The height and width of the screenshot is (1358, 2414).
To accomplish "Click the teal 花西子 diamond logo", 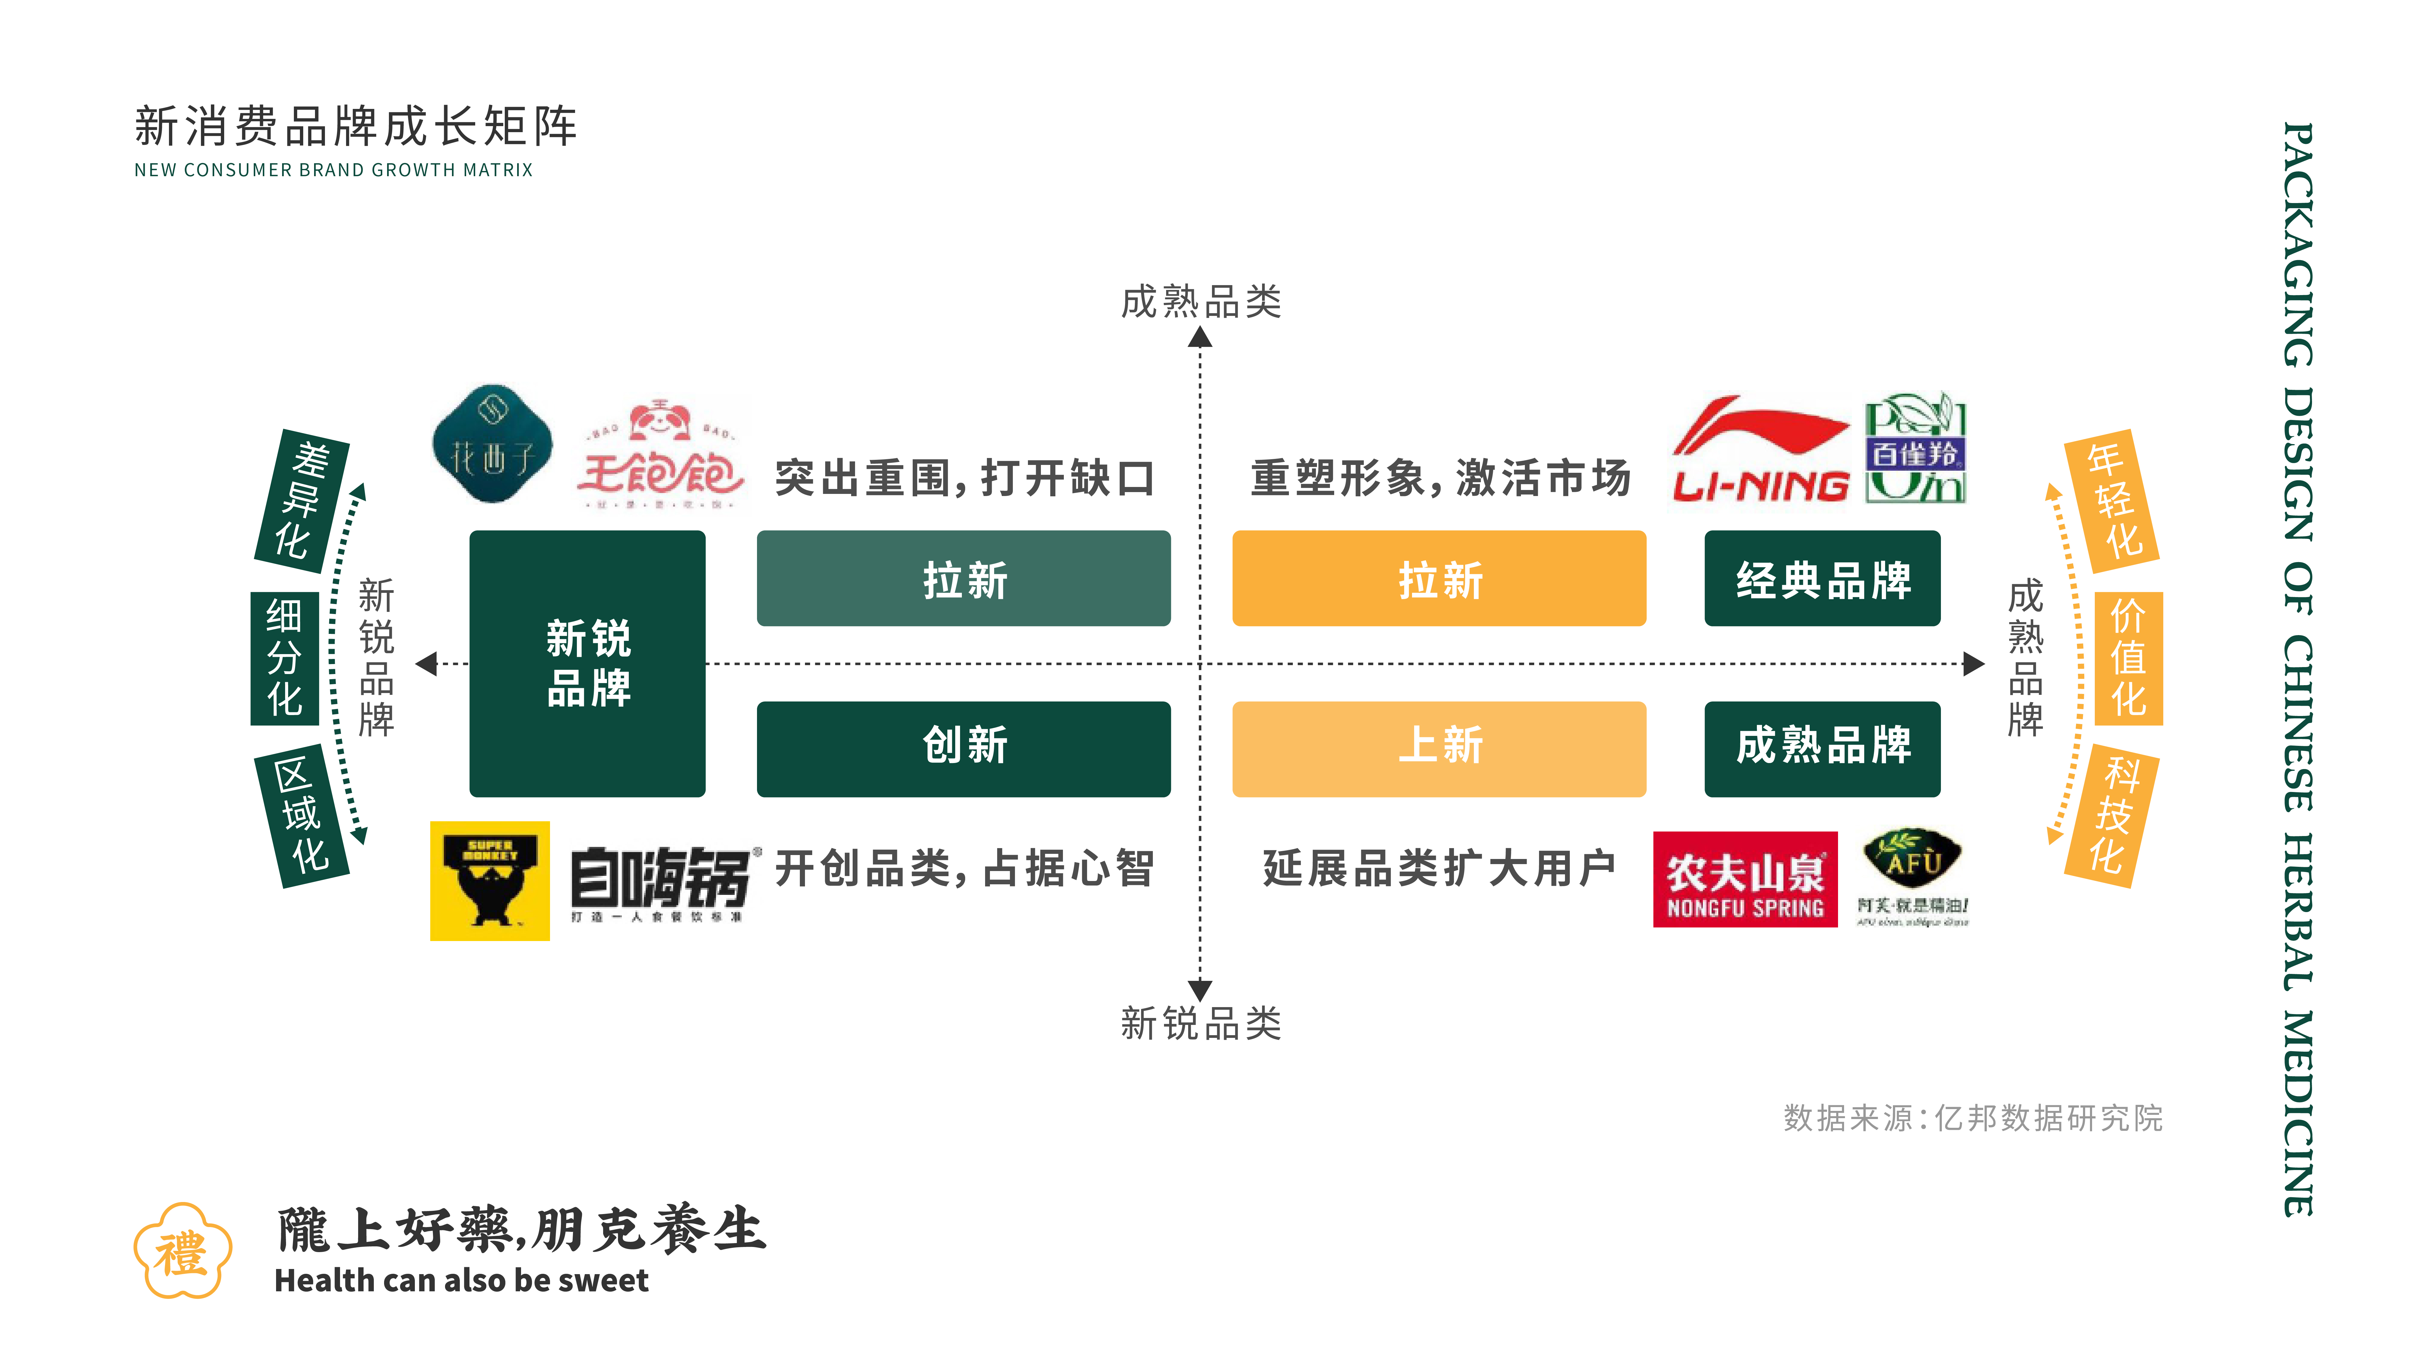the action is point(492,443).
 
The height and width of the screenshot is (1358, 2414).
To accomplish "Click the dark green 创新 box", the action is point(963,748).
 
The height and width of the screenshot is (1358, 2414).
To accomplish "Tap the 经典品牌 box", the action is point(1822,578).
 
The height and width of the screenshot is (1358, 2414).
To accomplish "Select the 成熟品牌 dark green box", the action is point(1822,748).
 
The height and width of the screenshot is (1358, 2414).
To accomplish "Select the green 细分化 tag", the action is point(285,658).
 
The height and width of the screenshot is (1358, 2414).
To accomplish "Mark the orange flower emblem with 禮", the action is point(182,1251).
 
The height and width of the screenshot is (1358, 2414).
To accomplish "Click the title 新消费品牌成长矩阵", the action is point(356,126).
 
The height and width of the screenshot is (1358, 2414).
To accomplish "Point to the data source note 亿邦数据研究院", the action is point(1973,1117).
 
